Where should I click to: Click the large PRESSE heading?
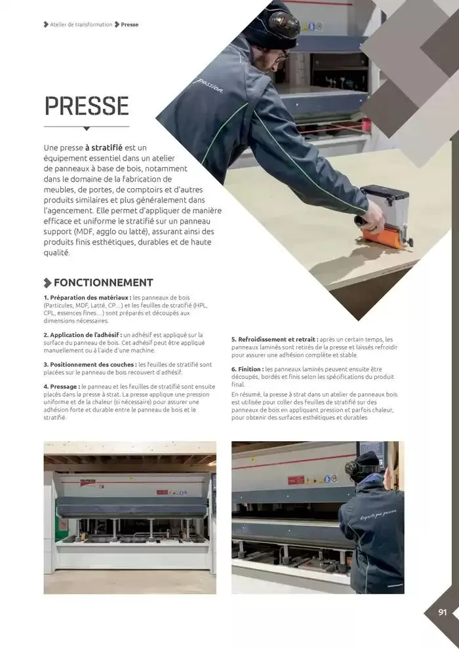click(86, 106)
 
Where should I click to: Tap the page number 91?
click(443, 612)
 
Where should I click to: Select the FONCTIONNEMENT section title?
click(103, 283)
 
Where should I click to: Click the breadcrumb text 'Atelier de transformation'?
click(81, 24)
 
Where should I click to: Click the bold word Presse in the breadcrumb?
click(130, 24)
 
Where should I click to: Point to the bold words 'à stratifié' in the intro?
click(104, 147)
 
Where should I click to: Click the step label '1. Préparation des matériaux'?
click(87, 298)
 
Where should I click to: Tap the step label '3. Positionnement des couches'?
click(90, 364)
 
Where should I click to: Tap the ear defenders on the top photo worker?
click(284, 24)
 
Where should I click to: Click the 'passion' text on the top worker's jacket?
click(210, 86)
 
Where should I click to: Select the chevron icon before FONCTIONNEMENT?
click(47, 283)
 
